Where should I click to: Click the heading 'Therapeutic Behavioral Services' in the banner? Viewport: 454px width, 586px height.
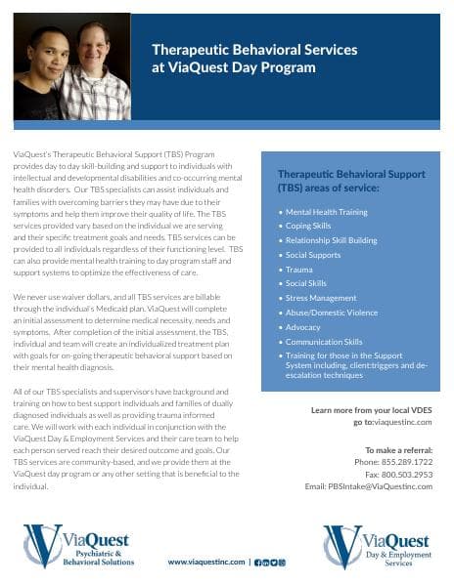[x=253, y=49]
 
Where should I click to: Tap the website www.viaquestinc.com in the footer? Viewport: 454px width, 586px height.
[x=206, y=562]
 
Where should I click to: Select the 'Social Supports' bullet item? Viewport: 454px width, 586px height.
[x=313, y=253]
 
